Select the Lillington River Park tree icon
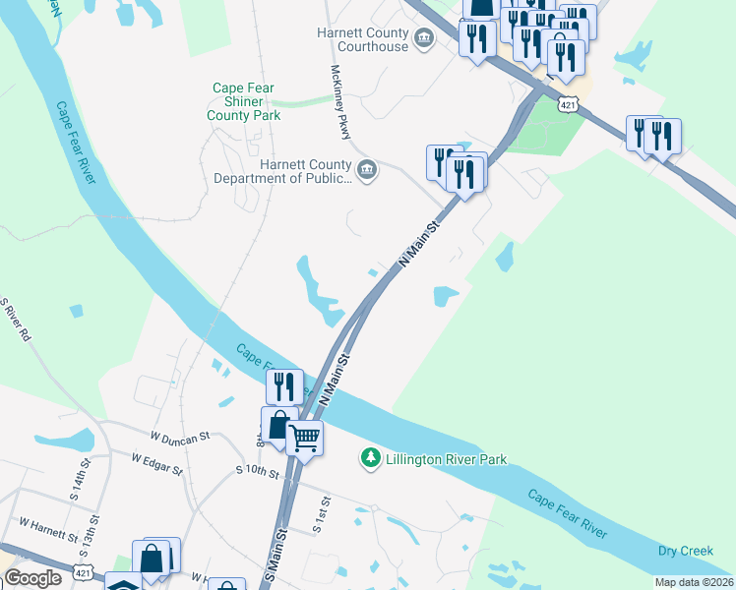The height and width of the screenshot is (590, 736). point(371,457)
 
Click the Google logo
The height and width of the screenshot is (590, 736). point(32,578)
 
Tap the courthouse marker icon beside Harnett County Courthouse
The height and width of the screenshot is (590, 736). point(424,39)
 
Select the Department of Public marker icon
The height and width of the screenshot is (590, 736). point(366,172)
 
